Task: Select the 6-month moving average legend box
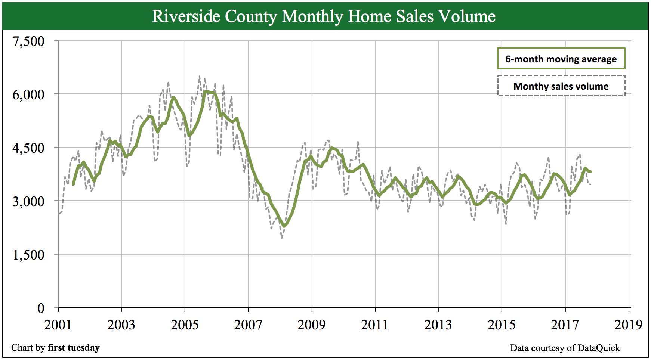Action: (x=561, y=59)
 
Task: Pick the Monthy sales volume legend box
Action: (x=561, y=86)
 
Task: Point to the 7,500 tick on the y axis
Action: (x=28, y=41)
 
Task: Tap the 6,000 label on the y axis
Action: (x=28, y=94)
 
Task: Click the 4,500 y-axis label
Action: (x=28, y=148)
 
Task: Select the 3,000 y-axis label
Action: (x=28, y=201)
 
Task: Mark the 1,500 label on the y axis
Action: (x=28, y=255)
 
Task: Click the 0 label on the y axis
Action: (x=41, y=308)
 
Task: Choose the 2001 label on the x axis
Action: (x=58, y=325)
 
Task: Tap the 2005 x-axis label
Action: (x=185, y=325)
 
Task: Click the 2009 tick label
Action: (x=311, y=325)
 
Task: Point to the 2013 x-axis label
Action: (x=438, y=325)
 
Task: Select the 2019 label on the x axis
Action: (x=628, y=325)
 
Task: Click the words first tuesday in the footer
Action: (x=74, y=348)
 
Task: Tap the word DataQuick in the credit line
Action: (x=598, y=348)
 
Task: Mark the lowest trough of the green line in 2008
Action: (x=284, y=226)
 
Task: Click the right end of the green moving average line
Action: (x=591, y=172)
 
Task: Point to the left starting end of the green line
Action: (x=73, y=184)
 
